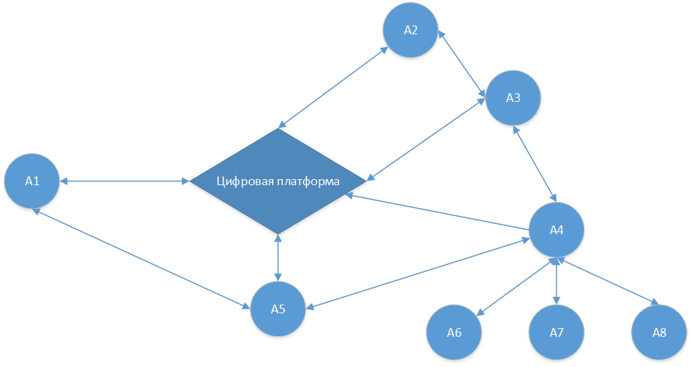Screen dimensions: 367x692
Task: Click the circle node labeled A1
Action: tap(32, 180)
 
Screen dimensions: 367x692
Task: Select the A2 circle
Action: tap(410, 30)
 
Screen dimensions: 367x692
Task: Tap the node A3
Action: tap(513, 98)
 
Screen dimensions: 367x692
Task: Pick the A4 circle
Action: tap(556, 230)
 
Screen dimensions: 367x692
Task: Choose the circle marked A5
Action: tap(278, 309)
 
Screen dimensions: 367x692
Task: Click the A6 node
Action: tap(454, 333)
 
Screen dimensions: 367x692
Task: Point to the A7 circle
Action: tap(556, 333)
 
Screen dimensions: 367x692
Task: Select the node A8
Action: tap(659, 333)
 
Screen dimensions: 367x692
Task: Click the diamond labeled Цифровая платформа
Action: tap(278, 201)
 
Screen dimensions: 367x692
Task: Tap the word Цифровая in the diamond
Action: tap(246, 181)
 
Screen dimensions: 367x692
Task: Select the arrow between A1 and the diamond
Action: tap(124, 180)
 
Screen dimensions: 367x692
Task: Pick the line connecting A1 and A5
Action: tap(141, 258)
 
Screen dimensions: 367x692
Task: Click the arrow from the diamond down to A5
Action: tap(278, 258)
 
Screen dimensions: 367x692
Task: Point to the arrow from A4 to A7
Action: tap(556, 282)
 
